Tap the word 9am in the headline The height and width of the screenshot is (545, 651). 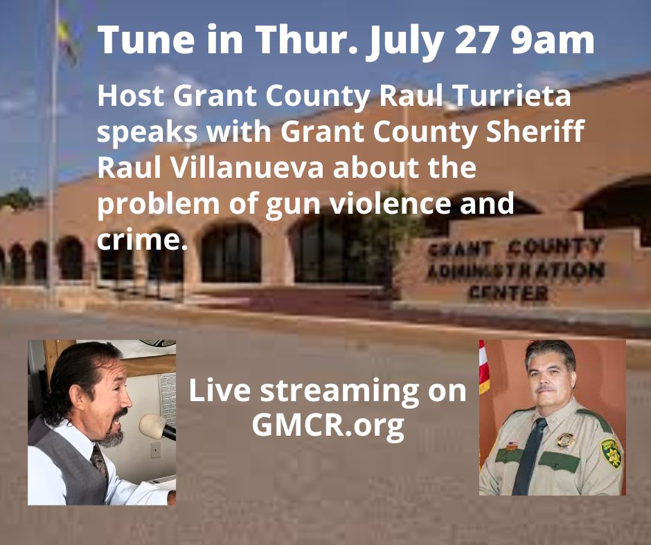[553, 40]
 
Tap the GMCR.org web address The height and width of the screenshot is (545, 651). [328, 425]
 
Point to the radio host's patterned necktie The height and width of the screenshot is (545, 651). [99, 461]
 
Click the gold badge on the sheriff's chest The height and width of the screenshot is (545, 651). [565, 440]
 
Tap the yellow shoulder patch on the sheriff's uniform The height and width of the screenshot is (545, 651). [610, 453]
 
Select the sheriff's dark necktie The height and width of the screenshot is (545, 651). [529, 456]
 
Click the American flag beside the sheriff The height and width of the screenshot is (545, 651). [483, 367]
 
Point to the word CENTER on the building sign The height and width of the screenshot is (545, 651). [508, 293]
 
